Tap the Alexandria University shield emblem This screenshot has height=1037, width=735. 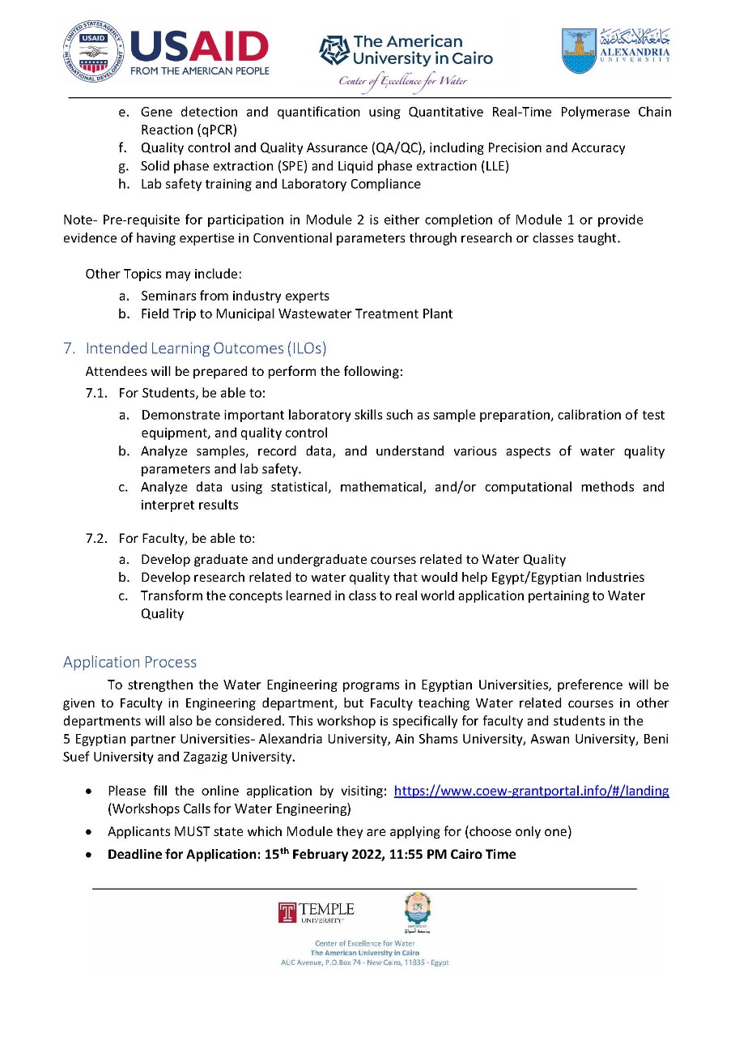(579, 50)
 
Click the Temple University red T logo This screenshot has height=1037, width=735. (287, 912)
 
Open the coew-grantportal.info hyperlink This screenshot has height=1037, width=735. (531, 791)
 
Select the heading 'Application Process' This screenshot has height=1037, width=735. (130, 662)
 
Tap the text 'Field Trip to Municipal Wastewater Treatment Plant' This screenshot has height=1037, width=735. (296, 314)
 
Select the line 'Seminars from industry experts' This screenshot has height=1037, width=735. (235, 296)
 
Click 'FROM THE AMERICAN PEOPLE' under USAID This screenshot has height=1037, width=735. (199, 70)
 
